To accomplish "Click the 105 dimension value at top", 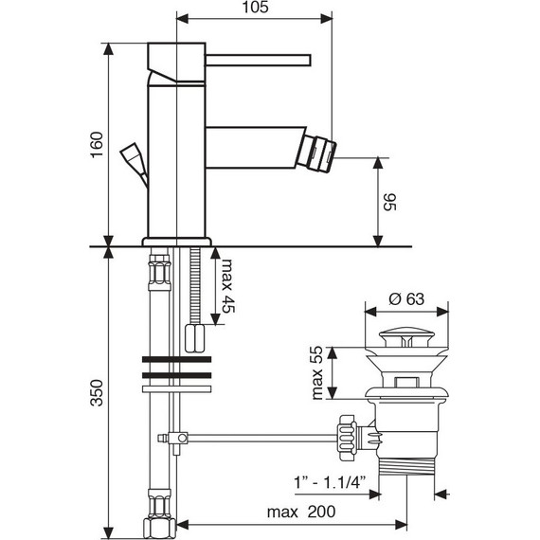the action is click(255, 8).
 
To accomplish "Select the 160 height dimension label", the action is click(97, 145).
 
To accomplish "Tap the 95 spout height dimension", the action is click(390, 202).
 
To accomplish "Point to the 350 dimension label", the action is click(97, 393).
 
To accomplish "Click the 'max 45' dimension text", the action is click(227, 285).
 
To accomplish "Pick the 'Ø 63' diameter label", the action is click(406, 299).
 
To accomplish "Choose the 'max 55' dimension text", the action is click(316, 373).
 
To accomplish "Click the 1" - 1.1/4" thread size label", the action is click(330, 482).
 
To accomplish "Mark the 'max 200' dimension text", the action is click(301, 512).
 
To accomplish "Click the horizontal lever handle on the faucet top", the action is click(259, 60).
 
